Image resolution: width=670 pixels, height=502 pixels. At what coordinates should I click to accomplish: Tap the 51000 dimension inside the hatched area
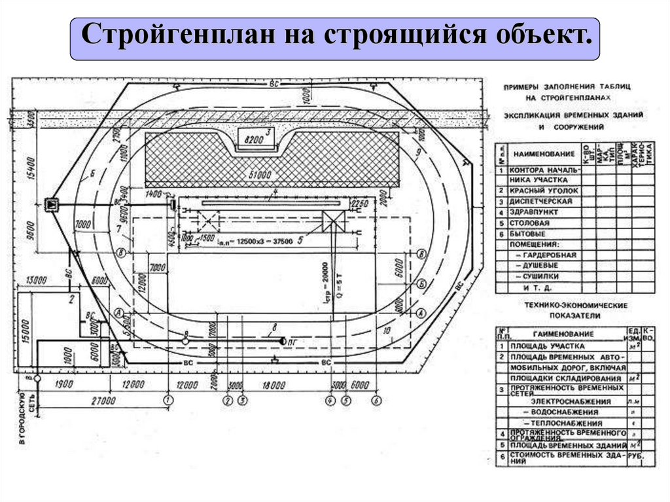[260, 175]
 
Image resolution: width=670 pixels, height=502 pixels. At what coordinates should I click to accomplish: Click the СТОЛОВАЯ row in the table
[531, 223]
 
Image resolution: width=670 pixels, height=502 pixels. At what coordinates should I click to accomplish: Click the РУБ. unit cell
[633, 455]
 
